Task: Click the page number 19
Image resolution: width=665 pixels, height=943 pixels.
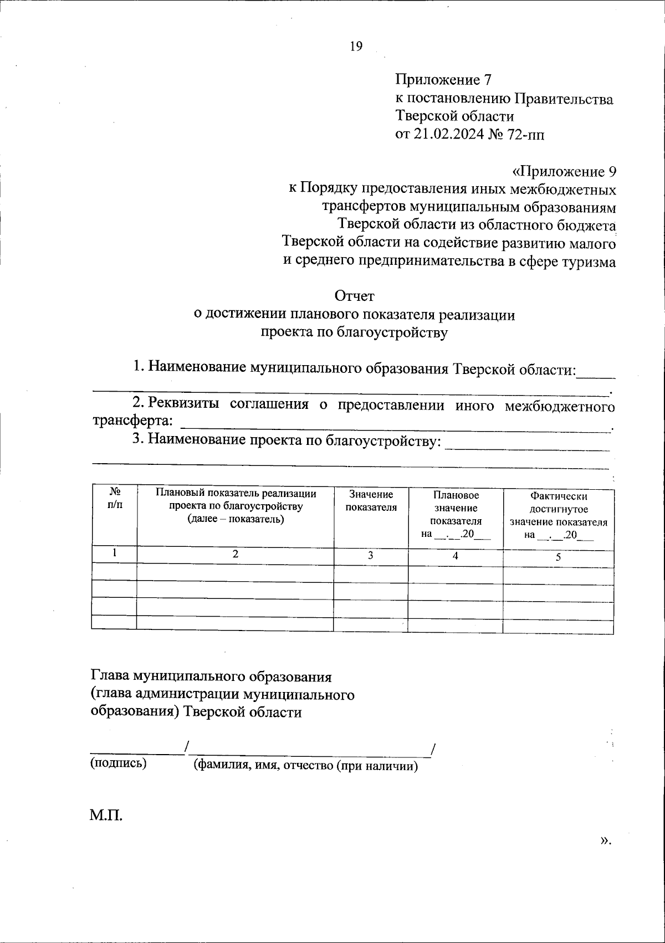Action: tap(356, 47)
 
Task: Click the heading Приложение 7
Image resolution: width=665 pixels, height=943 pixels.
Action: tap(443, 80)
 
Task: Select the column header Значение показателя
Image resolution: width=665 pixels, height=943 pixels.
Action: tap(371, 500)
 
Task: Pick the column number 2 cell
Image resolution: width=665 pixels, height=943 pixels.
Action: tap(236, 553)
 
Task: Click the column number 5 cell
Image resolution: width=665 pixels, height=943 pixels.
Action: tap(558, 557)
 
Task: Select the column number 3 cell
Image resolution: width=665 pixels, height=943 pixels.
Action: tap(370, 556)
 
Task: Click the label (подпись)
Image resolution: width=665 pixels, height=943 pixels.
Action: tap(119, 763)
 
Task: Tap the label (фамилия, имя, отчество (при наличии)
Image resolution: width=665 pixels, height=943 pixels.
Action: tap(305, 766)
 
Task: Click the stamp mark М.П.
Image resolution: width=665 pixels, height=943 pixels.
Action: tap(106, 814)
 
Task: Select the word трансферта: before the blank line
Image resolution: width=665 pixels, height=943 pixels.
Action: tap(132, 421)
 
